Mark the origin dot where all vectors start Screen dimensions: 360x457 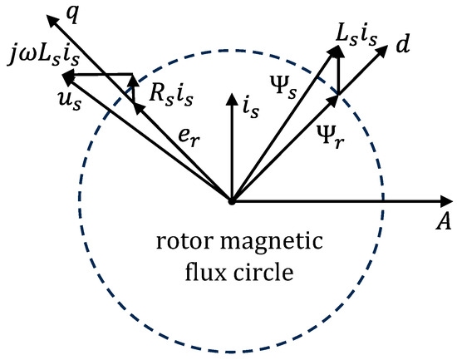(x=231, y=201)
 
